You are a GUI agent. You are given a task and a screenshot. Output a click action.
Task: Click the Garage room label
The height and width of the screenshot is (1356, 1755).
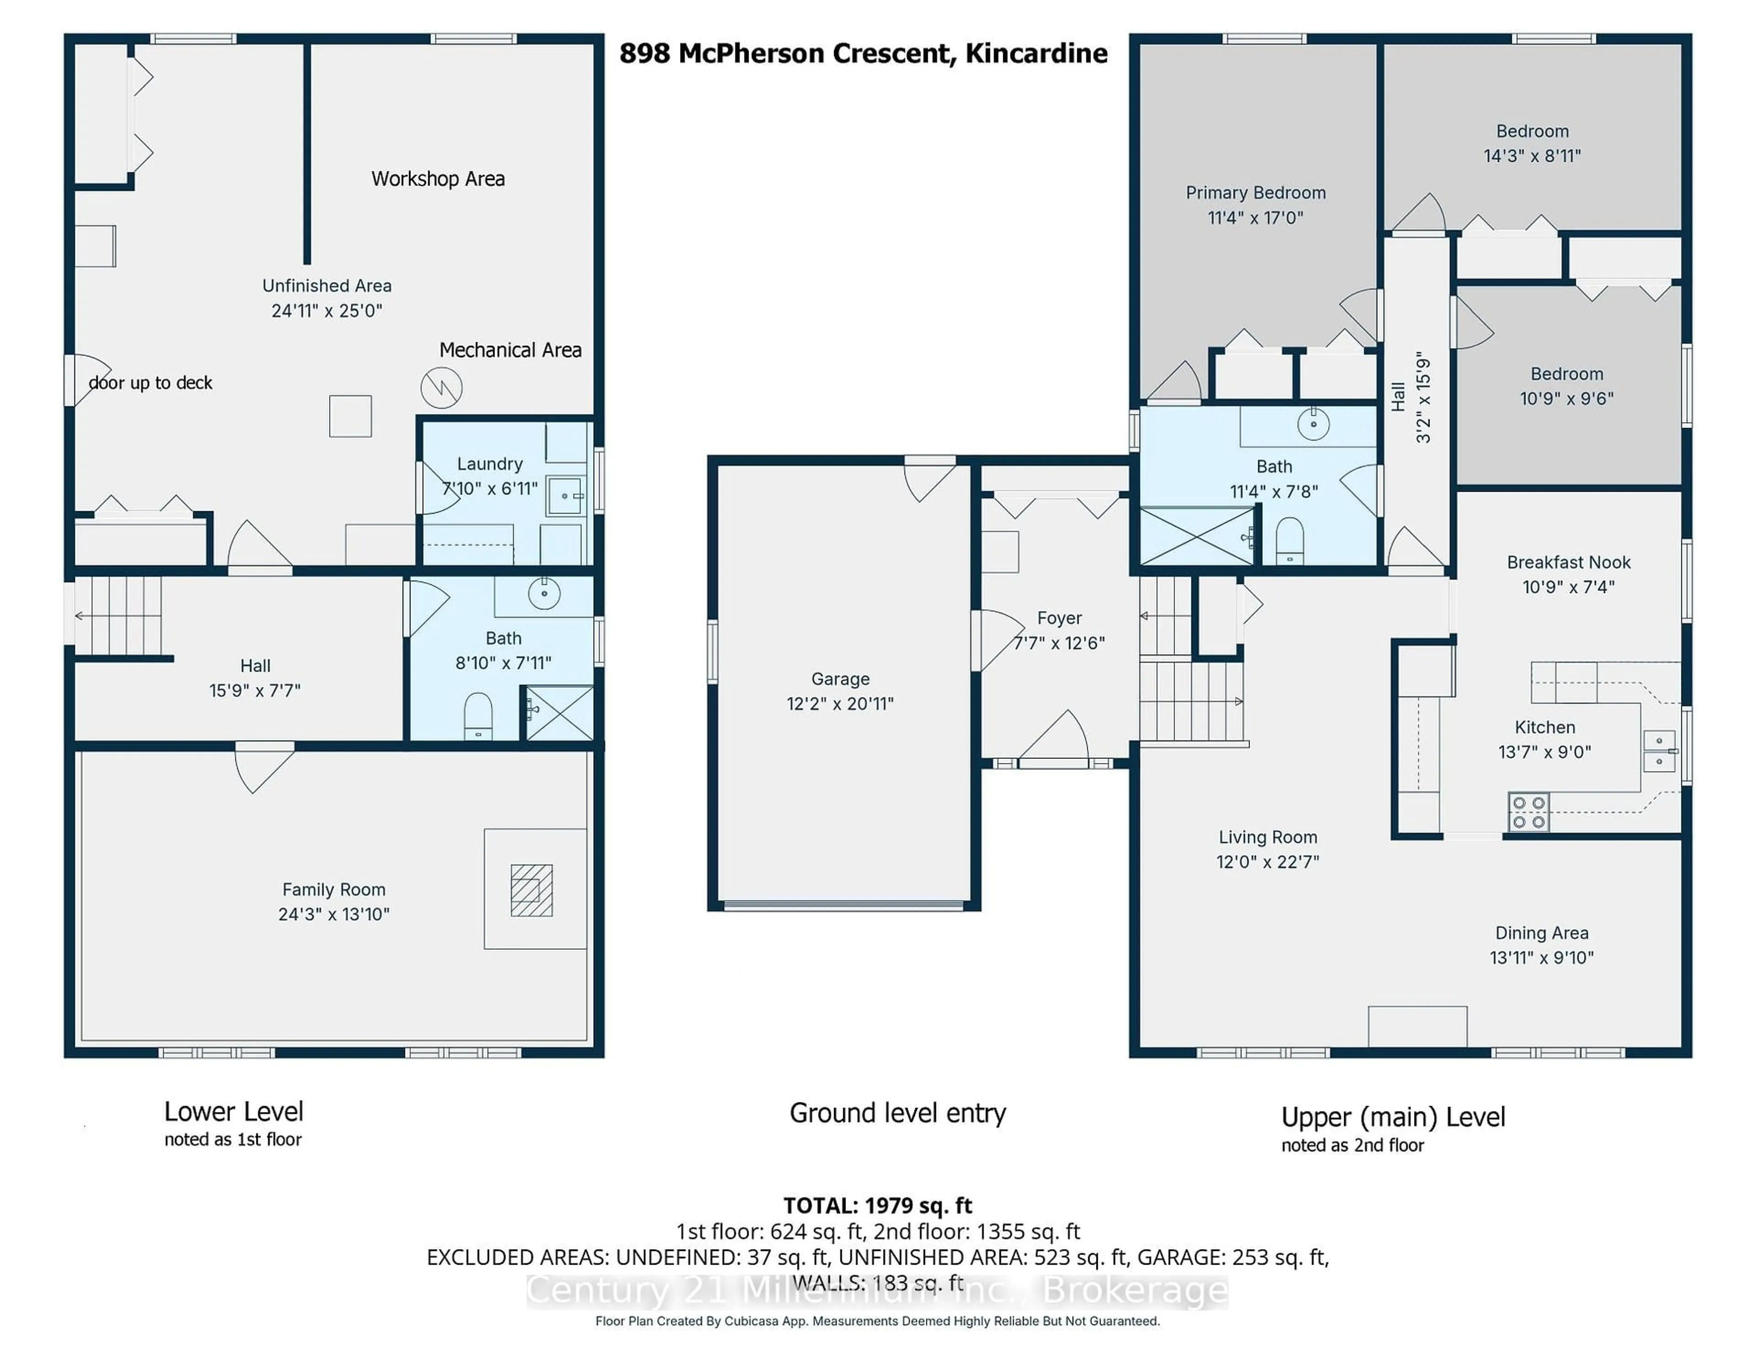click(x=840, y=679)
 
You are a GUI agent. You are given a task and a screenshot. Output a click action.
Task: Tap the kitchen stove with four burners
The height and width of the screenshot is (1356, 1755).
click(x=1527, y=811)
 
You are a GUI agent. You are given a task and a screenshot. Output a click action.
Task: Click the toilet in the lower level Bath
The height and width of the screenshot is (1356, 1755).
click(x=478, y=715)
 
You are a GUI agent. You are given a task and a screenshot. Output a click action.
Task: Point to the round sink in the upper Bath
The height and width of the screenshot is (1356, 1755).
click(x=1313, y=424)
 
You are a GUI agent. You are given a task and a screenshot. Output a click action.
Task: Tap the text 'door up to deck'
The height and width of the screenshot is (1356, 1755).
click(x=150, y=383)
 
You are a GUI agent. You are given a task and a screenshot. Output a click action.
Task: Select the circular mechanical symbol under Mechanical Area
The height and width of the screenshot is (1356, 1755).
click(x=441, y=388)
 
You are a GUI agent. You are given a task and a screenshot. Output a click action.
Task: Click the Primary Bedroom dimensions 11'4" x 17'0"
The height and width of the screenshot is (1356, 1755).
click(x=1255, y=217)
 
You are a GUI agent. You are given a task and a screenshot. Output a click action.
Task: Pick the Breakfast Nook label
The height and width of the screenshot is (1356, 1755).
click(x=1568, y=562)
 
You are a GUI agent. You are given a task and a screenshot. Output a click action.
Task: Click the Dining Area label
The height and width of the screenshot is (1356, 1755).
click(x=1541, y=932)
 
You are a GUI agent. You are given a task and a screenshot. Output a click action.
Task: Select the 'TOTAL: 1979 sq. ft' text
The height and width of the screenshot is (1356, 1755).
click(x=877, y=1206)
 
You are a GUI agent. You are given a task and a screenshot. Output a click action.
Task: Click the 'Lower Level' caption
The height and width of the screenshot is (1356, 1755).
click(x=233, y=1112)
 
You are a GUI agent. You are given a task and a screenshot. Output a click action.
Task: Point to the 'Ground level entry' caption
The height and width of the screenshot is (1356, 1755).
click(x=898, y=1113)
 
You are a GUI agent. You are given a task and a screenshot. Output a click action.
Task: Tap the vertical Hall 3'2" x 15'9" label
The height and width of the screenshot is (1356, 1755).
click(x=1411, y=397)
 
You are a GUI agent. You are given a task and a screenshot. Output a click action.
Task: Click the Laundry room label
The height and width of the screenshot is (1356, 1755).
click(x=489, y=464)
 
